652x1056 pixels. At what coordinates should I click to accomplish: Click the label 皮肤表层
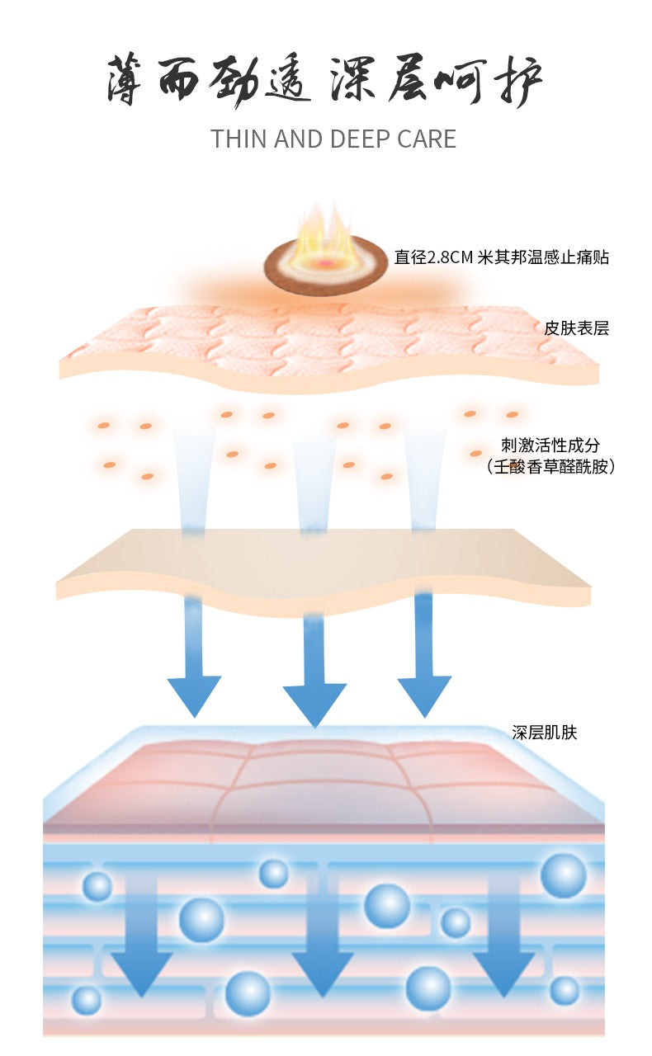(576, 328)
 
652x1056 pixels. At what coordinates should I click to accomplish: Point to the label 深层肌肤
(545, 732)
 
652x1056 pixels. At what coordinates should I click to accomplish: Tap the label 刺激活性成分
(550, 445)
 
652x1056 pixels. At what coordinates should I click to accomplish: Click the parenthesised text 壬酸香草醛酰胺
(550, 467)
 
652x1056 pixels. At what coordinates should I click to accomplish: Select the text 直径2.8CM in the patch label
(433, 257)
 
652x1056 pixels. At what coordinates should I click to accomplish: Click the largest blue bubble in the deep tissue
(564, 875)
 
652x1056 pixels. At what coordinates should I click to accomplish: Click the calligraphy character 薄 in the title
(124, 80)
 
